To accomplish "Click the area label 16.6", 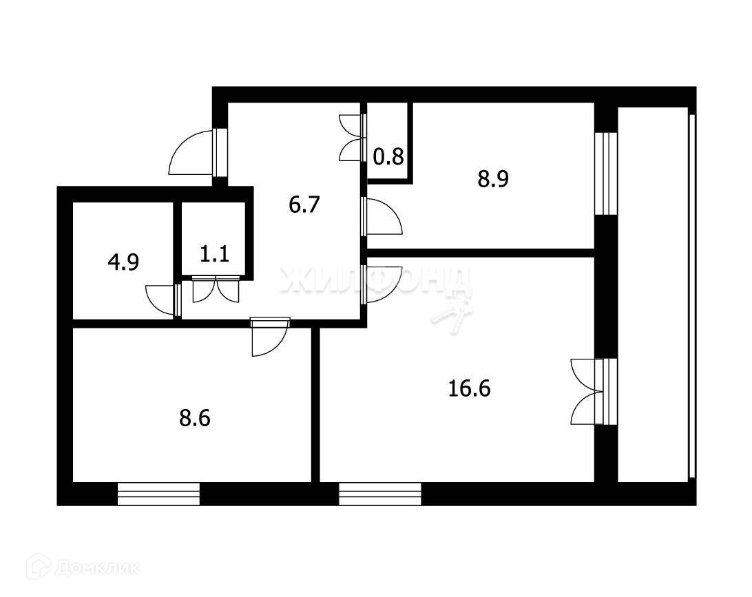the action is tap(469, 388).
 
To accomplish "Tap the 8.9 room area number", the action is tap(493, 179).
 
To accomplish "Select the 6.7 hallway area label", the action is tap(304, 205).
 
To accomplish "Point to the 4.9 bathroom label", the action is tap(123, 262).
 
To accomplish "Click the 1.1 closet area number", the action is tap(214, 253).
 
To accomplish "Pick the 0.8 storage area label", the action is tap(388, 156).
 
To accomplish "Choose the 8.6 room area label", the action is tap(195, 418).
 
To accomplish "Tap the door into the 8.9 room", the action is tap(382, 217).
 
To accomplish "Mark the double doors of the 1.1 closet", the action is tap(216, 289).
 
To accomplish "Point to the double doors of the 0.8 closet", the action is tap(351, 138).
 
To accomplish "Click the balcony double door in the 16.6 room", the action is tap(588, 391).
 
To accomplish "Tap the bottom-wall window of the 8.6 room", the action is tap(158, 494).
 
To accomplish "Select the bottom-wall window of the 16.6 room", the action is tap(380, 494).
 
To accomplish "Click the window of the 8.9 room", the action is tap(606, 173).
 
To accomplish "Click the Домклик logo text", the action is tap(97, 568).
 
